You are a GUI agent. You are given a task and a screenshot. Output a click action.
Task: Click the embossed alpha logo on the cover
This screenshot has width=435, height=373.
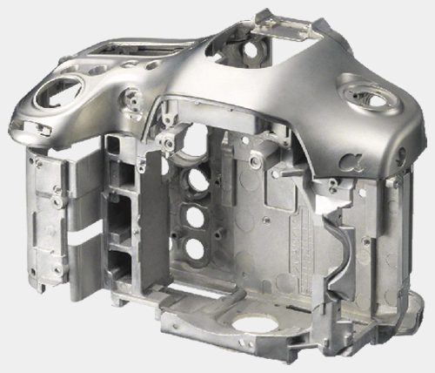[351, 162]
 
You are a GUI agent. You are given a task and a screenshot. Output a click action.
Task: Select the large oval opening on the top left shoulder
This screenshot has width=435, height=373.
[58, 92]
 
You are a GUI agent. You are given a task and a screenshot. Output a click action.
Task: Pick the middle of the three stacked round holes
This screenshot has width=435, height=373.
[195, 217]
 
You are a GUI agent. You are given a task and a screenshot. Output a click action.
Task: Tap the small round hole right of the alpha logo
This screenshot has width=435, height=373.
[402, 154]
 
